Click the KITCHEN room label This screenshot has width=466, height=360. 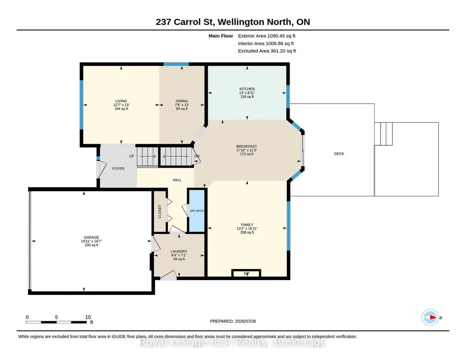point(247,89)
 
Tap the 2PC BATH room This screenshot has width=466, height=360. point(197,210)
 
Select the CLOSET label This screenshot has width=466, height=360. point(160,211)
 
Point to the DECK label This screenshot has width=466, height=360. point(339,154)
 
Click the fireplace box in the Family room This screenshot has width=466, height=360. point(246,273)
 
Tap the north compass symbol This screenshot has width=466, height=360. point(430,318)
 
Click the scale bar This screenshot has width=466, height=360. point(56,322)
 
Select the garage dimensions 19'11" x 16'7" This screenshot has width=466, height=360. point(91,241)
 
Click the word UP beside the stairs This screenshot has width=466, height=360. point(132,156)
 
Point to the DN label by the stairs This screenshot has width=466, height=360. point(197,156)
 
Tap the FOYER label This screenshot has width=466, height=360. point(118,169)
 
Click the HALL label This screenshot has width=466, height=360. point(177,180)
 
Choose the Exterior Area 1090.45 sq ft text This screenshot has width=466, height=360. point(266,36)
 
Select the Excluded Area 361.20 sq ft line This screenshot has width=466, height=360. point(267,51)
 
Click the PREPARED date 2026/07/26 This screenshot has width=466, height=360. point(233,321)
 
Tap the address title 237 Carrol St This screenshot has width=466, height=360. point(185,22)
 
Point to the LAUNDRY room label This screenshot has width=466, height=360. point(179,251)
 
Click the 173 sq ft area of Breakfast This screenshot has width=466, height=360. point(247,154)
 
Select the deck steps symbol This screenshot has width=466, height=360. point(383,134)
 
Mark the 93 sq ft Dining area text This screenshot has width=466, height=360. point(181,109)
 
